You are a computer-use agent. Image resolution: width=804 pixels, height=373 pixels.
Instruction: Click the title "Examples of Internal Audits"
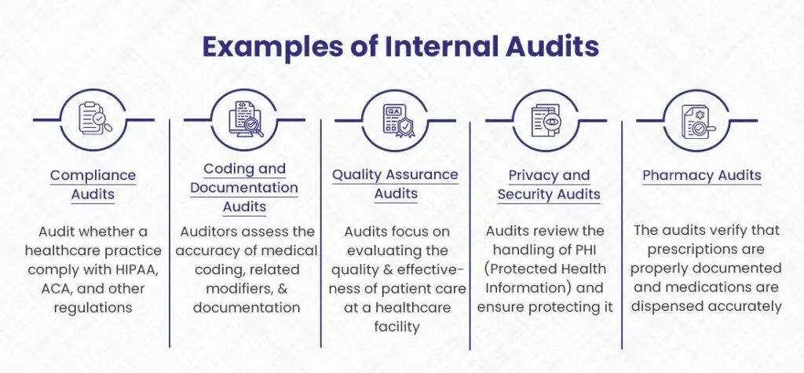pos(401,46)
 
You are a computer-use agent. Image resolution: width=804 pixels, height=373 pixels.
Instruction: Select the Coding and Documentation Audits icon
pos(245,119)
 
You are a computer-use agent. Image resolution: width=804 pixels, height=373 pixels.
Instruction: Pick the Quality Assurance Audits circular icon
pos(395,119)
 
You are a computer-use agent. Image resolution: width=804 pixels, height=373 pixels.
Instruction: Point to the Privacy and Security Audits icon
pos(546,119)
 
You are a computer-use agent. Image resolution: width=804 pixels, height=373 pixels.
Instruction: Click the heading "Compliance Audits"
pos(93,184)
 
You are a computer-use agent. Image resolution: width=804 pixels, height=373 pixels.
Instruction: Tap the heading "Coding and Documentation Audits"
pos(244,188)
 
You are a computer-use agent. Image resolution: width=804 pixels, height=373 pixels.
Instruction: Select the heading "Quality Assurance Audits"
pos(395,184)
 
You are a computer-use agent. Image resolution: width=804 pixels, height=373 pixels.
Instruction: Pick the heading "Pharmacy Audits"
pos(702,175)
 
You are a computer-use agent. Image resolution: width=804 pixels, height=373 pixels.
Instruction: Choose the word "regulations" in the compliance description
pos(93,307)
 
